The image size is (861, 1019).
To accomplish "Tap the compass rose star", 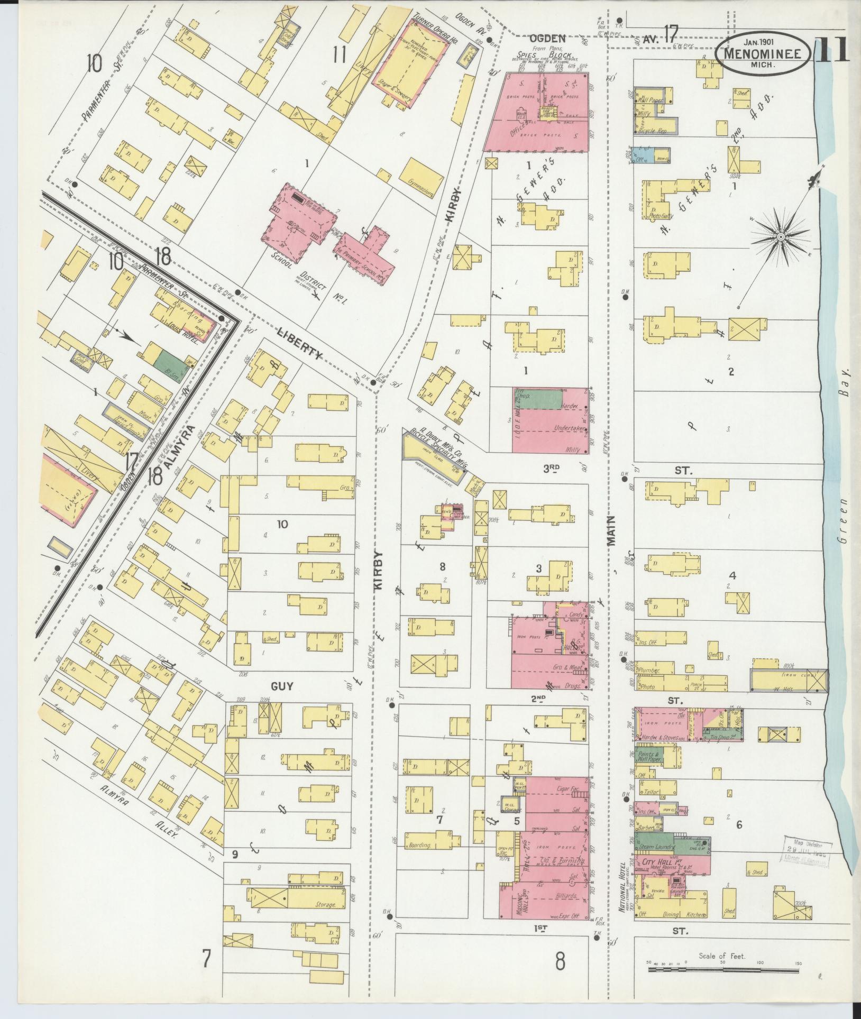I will click(x=780, y=238).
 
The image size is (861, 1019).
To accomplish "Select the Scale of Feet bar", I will click(x=722, y=970).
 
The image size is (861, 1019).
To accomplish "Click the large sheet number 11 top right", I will click(x=832, y=50).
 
